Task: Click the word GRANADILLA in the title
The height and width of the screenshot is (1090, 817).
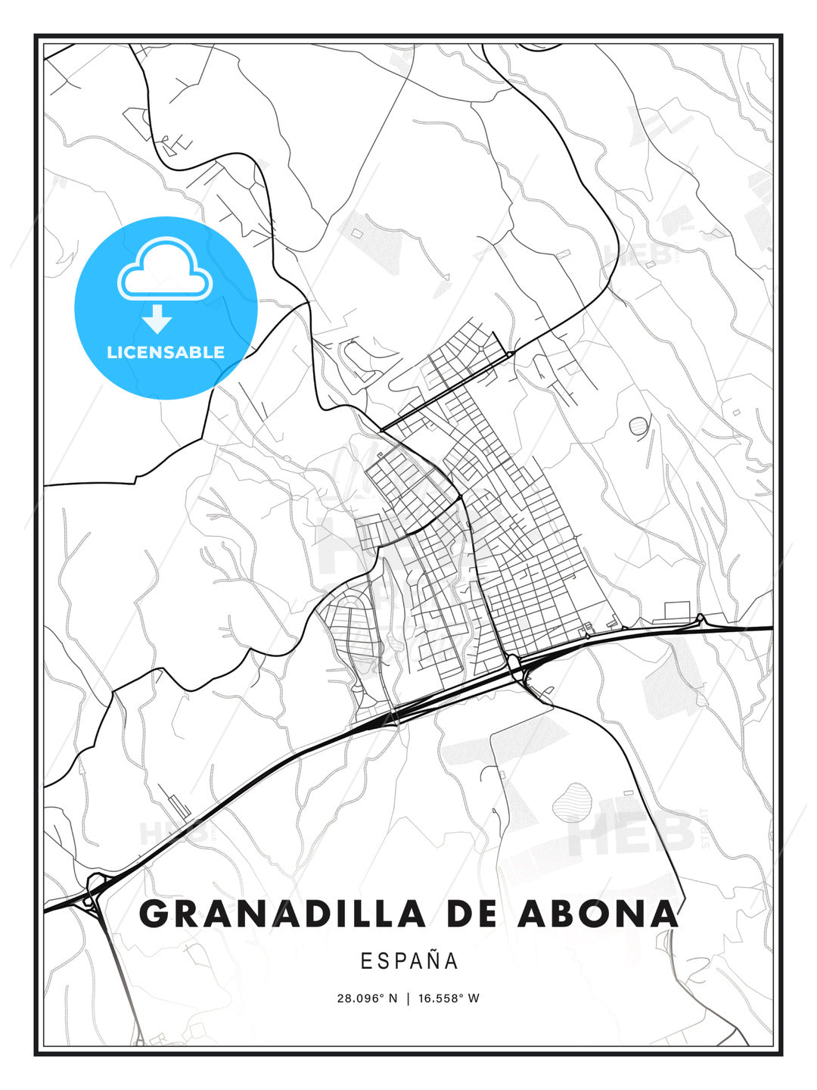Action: click(282, 914)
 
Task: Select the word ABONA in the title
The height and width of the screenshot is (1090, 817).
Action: click(598, 914)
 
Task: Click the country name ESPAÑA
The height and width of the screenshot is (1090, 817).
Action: click(408, 961)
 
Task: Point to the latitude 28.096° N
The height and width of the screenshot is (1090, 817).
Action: click(367, 998)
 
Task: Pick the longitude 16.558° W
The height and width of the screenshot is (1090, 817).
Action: click(449, 998)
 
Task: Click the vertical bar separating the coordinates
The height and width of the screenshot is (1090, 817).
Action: click(408, 998)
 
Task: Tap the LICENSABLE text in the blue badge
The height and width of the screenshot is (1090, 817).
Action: click(166, 352)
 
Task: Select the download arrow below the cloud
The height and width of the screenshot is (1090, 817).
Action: click(157, 319)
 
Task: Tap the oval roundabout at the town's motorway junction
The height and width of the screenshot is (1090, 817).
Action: click(514, 663)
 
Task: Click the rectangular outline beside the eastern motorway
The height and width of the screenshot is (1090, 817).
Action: click(677, 609)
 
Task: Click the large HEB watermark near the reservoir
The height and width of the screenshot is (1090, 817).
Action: click(632, 833)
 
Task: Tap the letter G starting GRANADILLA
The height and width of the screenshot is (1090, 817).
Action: click(154, 914)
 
